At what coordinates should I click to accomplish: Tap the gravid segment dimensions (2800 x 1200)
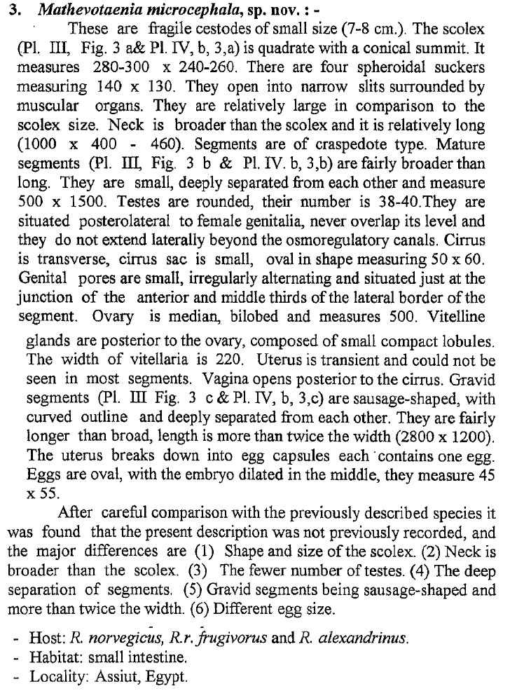tap(429, 439)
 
